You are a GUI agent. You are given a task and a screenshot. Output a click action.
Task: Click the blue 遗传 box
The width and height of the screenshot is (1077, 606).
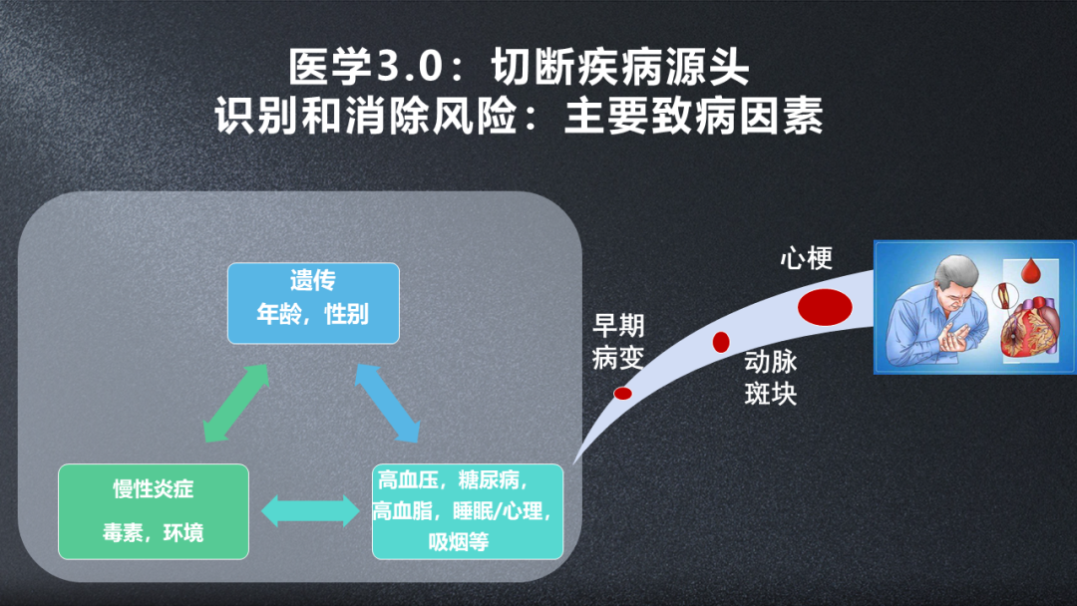[x=313, y=302]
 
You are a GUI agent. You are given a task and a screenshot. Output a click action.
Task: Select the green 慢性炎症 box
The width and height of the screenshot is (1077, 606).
[x=153, y=510]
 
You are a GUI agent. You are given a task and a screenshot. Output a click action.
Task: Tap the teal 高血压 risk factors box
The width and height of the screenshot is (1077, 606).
[x=467, y=510]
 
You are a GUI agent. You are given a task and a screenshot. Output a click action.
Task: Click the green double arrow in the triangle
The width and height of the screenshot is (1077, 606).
[x=236, y=403]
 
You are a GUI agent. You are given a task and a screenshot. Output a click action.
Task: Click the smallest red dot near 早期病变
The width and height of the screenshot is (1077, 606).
[x=622, y=393]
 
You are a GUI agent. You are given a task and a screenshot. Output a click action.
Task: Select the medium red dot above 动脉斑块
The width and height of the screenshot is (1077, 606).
[x=721, y=342]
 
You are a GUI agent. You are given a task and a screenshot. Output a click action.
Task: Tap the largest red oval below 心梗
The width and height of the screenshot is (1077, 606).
[x=824, y=306]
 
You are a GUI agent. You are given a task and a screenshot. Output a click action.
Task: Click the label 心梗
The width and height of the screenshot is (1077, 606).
[x=806, y=259]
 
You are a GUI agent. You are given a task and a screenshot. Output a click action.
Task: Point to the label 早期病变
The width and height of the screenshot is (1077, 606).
[x=618, y=341]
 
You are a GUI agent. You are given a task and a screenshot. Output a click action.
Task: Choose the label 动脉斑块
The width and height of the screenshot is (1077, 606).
[x=771, y=377]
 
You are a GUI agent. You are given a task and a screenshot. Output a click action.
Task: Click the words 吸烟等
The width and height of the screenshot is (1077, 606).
[x=458, y=542]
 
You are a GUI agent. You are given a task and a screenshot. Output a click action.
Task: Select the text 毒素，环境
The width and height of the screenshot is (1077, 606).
[x=153, y=532]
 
